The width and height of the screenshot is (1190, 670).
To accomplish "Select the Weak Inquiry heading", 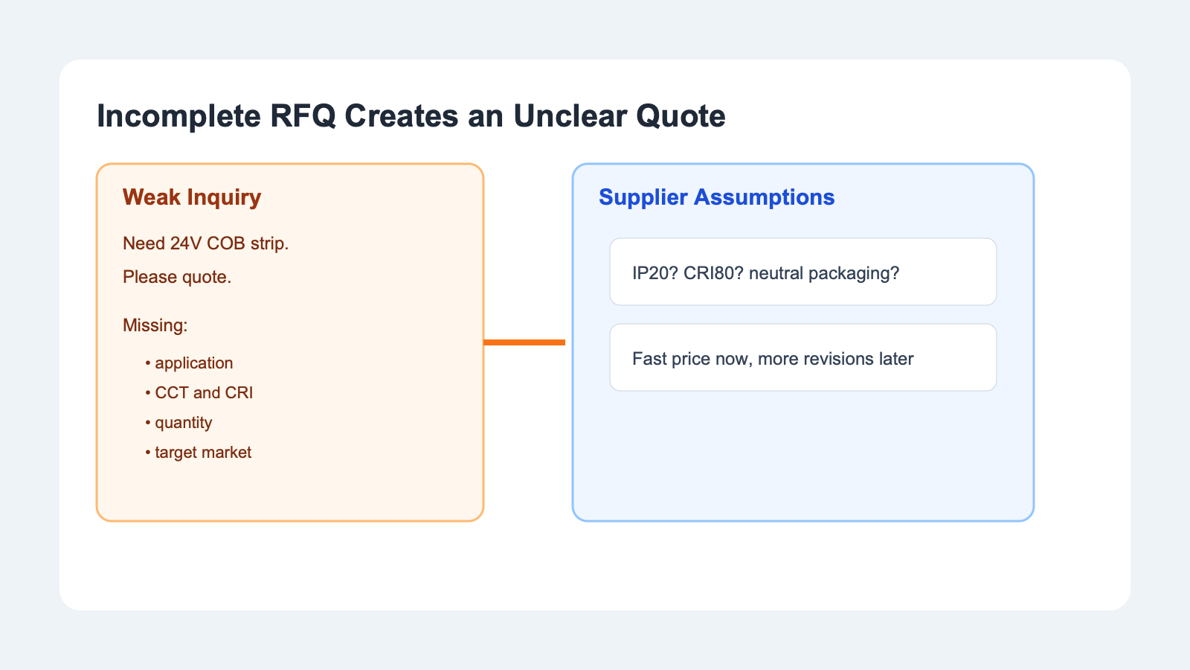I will (192, 197).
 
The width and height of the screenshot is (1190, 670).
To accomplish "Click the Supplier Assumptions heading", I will (716, 197).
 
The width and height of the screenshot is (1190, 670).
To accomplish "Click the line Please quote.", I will (177, 277).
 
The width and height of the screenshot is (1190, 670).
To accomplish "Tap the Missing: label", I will (155, 325).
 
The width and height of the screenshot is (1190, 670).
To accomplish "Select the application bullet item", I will (193, 363).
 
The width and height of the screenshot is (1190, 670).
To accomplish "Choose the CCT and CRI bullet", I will (203, 393).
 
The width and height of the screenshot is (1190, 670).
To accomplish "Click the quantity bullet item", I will (183, 423).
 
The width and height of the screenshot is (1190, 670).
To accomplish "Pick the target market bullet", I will (202, 453).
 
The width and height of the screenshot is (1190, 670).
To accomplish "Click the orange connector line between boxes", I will (524, 342).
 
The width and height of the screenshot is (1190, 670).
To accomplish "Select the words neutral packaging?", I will (824, 273).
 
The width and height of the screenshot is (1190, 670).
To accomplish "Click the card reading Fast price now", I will (803, 357).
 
